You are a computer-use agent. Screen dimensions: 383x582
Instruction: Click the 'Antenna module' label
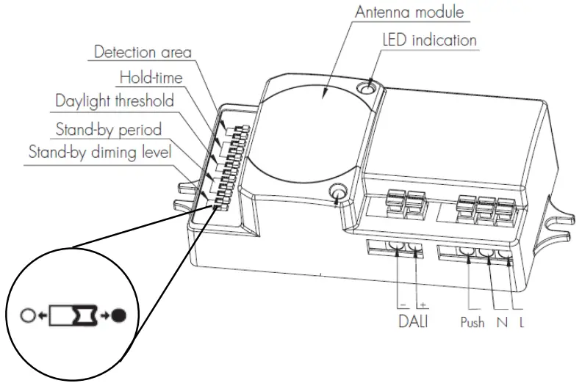[410, 12]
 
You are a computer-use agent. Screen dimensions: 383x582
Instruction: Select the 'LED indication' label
[429, 39]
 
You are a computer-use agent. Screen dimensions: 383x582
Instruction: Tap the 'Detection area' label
[143, 53]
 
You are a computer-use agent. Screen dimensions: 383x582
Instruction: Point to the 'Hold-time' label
[151, 76]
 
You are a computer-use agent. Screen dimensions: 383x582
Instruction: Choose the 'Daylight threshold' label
[115, 101]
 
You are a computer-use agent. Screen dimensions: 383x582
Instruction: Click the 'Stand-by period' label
[109, 129]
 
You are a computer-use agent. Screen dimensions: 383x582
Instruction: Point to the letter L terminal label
[520, 322]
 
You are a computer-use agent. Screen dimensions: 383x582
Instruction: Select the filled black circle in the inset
[118, 317]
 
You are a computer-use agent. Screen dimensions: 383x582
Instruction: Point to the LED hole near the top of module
[366, 90]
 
